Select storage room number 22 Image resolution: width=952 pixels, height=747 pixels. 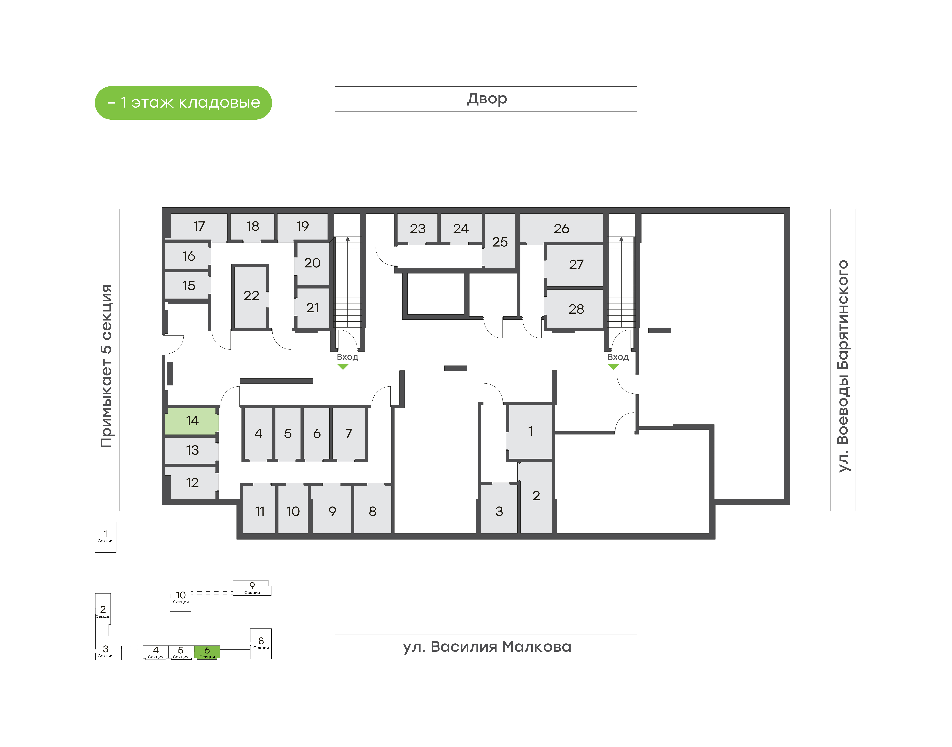[251, 296]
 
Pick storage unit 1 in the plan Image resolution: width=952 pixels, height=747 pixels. [530, 432]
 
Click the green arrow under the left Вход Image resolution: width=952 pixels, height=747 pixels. [343, 366]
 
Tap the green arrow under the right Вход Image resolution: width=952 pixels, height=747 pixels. [613, 366]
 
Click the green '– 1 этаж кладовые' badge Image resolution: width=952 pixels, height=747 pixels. [183, 103]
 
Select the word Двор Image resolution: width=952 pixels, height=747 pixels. [487, 99]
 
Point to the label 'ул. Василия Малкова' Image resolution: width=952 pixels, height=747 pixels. [487, 647]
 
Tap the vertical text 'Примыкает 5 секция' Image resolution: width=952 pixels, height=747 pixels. [106, 366]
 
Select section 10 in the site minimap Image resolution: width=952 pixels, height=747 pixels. [181, 596]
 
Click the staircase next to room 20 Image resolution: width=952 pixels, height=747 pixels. [347, 282]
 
